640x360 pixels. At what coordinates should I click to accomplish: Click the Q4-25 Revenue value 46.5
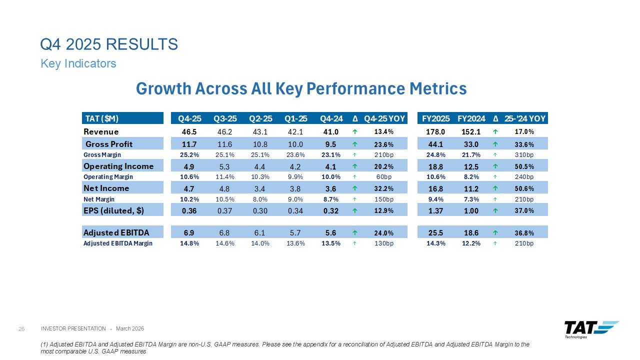189,131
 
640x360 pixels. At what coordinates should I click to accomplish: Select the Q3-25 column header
225,118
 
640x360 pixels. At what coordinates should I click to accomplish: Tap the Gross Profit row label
109,144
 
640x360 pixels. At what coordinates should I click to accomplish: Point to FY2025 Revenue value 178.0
435,131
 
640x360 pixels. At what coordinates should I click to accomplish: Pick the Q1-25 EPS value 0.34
295,211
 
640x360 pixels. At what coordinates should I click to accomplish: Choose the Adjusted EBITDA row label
116,232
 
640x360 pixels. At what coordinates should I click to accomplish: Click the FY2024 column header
471,118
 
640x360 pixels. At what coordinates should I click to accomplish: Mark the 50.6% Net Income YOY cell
524,188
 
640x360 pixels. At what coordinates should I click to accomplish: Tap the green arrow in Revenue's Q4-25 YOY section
355,131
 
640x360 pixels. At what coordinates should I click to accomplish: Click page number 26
21,329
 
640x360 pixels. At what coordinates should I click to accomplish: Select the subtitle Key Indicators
78,63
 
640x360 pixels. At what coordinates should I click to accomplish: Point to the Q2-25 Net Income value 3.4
260,188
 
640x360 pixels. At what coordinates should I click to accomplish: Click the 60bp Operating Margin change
384,177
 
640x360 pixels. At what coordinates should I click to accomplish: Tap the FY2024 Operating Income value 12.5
471,166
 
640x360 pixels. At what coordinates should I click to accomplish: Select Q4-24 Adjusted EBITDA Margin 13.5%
331,243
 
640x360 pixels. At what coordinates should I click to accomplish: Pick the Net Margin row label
99,199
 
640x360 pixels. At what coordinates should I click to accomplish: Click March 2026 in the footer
130,328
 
